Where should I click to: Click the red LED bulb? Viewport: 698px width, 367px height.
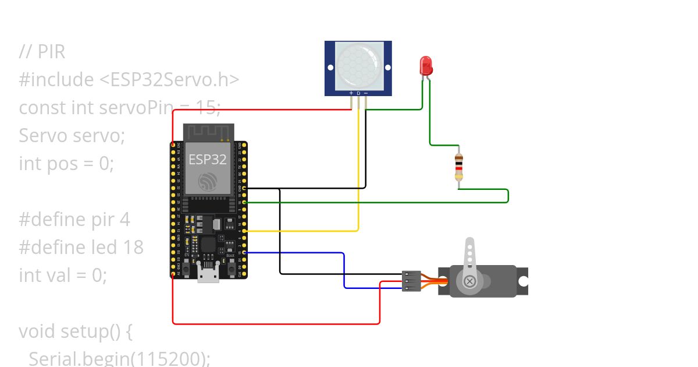click(x=426, y=64)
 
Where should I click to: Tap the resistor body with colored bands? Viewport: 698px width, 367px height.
click(x=459, y=167)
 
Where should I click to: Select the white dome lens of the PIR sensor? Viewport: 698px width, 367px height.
click(x=358, y=65)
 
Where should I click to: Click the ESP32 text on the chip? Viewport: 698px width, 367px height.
click(x=208, y=160)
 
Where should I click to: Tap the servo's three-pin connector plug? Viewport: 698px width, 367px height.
click(x=411, y=281)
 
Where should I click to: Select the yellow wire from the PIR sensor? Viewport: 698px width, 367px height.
click(x=358, y=175)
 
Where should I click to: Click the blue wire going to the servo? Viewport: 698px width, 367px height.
click(x=344, y=268)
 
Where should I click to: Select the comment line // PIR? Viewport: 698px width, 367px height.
click(x=42, y=52)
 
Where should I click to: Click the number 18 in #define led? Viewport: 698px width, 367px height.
click(x=133, y=247)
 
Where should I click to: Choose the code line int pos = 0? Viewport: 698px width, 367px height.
click(x=66, y=163)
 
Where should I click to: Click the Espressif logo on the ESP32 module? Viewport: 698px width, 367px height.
click(x=208, y=182)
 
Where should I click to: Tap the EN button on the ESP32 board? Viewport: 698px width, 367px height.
click(x=186, y=268)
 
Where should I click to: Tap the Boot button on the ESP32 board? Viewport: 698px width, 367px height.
click(x=231, y=268)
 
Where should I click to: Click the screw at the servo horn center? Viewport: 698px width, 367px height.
click(x=469, y=282)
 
